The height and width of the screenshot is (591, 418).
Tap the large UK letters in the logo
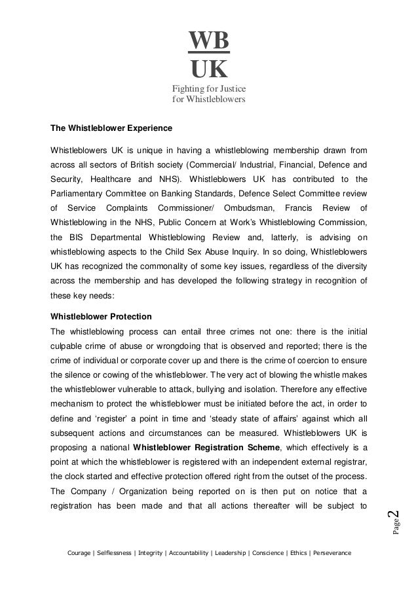pyautogui.click(x=209, y=67)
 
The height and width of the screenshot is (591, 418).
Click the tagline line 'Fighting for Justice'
pyautogui.click(x=208, y=89)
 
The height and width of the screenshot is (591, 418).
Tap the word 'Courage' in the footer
pyautogui.click(x=80, y=554)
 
